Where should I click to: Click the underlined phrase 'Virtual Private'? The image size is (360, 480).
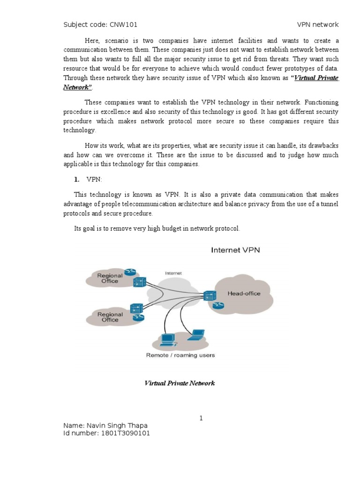tap(316, 78)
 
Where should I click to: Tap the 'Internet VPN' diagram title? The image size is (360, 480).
tap(235, 250)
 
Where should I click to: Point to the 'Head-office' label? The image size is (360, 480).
tap(244, 293)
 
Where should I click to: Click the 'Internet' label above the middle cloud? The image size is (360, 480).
tap(173, 273)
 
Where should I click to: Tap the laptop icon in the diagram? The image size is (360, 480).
tap(196, 335)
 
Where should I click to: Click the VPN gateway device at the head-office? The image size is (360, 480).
tap(209, 295)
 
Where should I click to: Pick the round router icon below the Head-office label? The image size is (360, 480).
tap(217, 306)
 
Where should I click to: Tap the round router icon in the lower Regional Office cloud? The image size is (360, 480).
tap(137, 318)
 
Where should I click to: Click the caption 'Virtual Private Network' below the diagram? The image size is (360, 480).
tap(179, 383)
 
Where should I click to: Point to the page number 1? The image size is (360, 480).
tap(201, 418)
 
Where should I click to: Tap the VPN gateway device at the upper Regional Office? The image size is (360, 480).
tap(139, 282)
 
